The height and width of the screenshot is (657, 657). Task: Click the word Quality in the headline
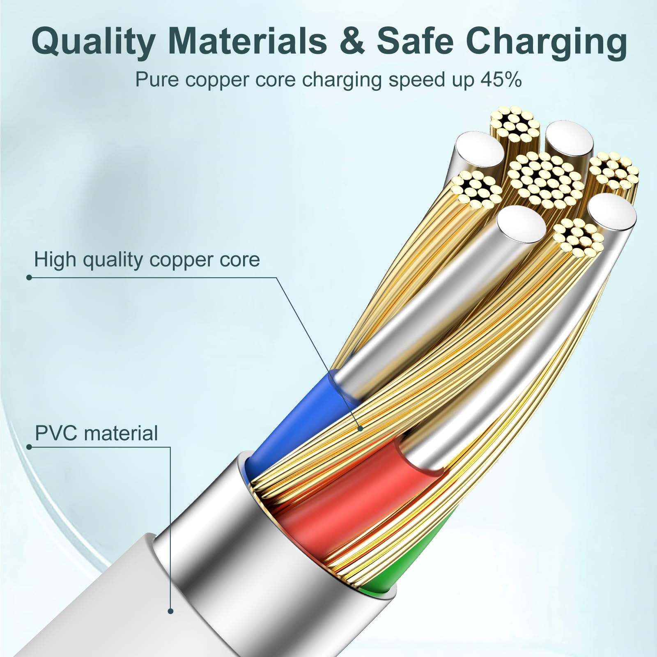93,41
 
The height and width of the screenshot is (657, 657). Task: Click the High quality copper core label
147,260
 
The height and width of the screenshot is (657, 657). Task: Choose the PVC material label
96,434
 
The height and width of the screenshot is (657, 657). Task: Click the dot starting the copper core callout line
29,278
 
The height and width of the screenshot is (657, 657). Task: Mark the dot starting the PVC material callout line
29,446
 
